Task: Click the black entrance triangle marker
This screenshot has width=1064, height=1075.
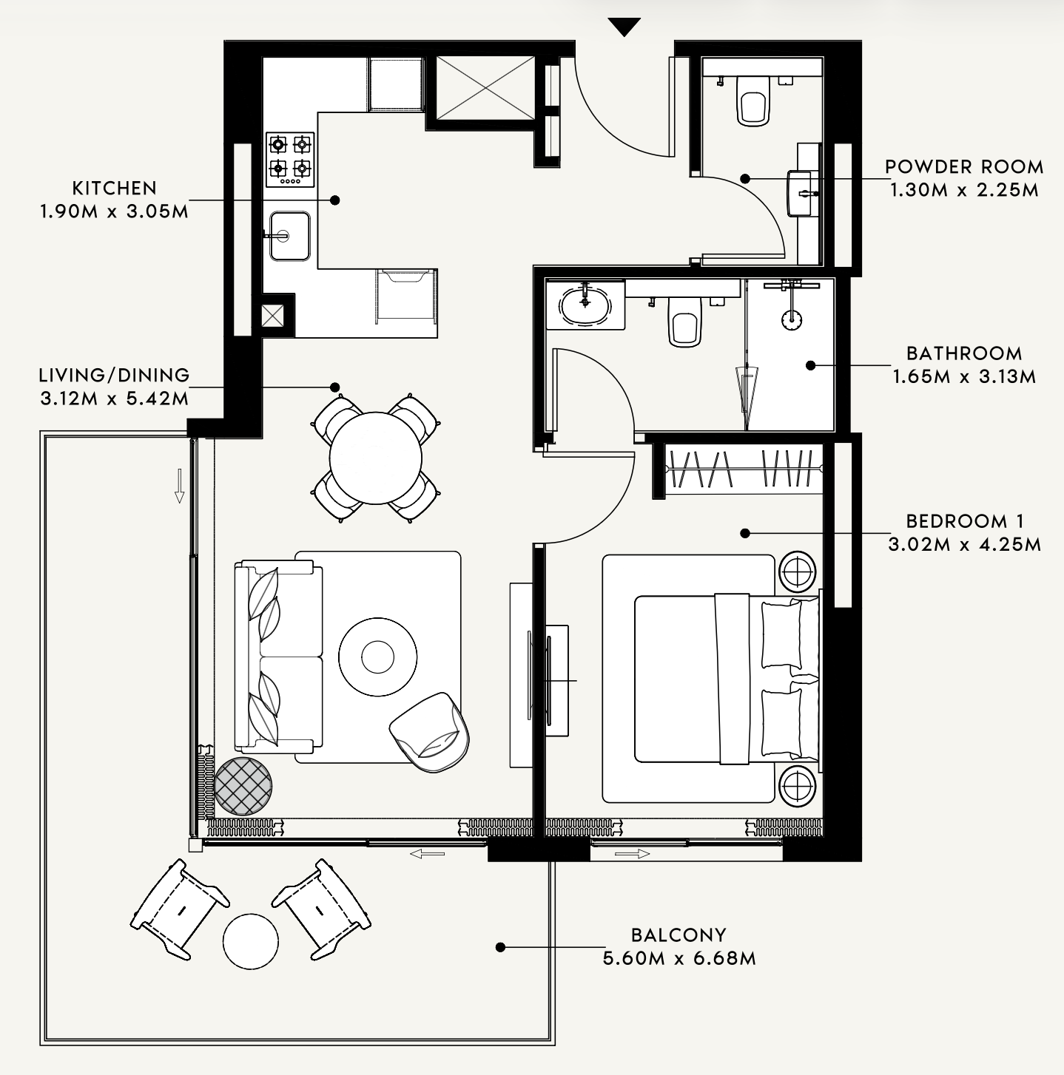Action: click(624, 26)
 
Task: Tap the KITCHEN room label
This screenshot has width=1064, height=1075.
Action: click(115, 189)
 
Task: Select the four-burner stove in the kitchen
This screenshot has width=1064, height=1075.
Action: click(290, 160)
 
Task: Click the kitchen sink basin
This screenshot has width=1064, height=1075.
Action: click(290, 236)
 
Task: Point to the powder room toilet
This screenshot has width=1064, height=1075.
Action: click(751, 101)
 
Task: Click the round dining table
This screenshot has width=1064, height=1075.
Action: click(375, 458)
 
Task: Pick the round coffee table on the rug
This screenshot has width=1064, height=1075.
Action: click(377, 657)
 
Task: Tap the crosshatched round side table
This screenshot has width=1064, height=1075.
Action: click(243, 786)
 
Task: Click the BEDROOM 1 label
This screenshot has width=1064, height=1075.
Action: click(965, 521)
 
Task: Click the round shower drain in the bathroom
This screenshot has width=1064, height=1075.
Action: click(792, 319)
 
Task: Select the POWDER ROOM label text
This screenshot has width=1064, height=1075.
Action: click(964, 167)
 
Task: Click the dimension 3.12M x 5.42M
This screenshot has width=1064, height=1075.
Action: click(115, 399)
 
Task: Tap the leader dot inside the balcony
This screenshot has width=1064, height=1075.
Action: click(500, 946)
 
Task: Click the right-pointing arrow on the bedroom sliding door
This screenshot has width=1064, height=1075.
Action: click(632, 854)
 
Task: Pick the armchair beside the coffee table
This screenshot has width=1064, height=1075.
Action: click(429, 732)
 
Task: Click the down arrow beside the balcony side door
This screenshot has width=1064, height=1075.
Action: click(179, 486)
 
